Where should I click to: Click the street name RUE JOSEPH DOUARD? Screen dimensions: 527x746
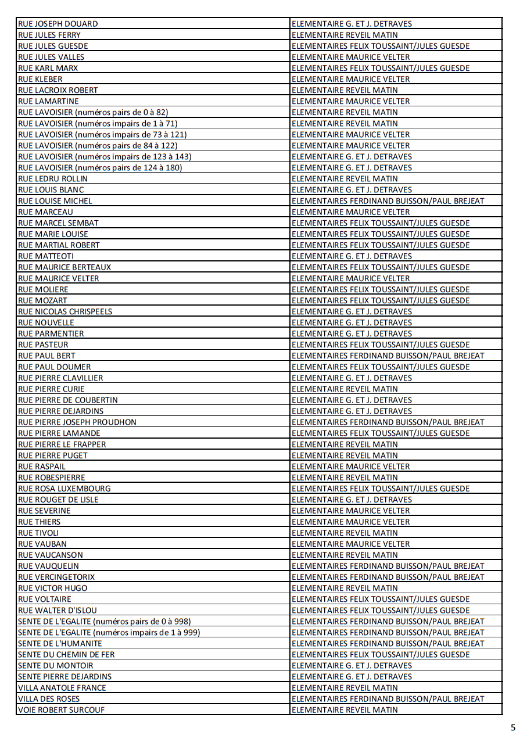tap(58, 24)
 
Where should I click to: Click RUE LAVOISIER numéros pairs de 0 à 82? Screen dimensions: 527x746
tap(93, 112)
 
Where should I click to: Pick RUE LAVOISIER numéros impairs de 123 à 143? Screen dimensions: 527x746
tap(105, 156)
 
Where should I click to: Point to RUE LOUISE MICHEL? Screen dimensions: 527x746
tap(55, 201)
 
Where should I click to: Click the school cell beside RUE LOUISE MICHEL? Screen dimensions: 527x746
tap(388, 201)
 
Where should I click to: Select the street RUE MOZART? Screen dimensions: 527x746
tap(43, 300)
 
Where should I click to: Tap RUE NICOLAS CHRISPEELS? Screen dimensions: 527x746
tap(65, 311)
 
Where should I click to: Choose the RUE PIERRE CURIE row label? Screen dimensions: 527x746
tap(51, 389)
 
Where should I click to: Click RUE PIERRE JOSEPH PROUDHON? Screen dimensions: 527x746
tap(77, 422)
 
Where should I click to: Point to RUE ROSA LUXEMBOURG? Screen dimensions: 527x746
tap(64, 489)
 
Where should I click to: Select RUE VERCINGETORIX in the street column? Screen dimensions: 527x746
tap(56, 577)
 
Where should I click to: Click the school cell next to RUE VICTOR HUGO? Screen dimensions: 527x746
tap(345, 588)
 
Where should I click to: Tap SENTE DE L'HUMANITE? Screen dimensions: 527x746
tap(60, 643)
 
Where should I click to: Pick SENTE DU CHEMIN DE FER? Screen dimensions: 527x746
tap(66, 654)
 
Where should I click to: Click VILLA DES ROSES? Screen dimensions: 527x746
tap(49, 699)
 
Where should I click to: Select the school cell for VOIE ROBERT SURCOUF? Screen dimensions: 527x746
tap(345, 710)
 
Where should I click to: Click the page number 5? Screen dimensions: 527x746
tap(512, 727)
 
